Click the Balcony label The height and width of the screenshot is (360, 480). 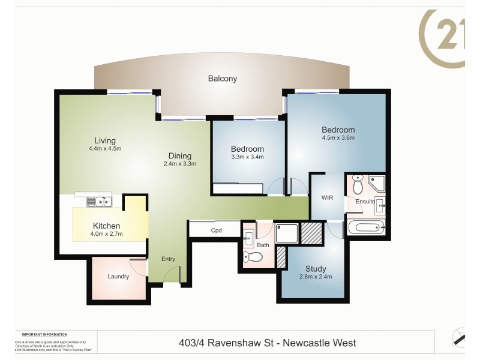coord(223,79)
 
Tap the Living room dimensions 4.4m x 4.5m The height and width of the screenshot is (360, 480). coord(105,148)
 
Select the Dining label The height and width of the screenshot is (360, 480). coord(179,155)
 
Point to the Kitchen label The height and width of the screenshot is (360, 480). coord(106,226)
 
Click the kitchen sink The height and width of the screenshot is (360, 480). coord(98,202)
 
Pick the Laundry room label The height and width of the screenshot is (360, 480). coord(118,277)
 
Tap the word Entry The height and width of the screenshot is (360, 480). coord(168,259)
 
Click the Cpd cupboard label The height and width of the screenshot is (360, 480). coord(217,230)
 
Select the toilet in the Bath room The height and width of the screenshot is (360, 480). coord(253,258)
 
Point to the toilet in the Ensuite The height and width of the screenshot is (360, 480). coord(358,185)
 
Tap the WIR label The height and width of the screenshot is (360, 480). coord(327,197)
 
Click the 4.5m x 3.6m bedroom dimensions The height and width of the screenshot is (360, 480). coord(338,138)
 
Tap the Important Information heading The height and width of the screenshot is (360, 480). coord(44,334)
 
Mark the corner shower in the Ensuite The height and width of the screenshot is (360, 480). coord(377,184)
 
